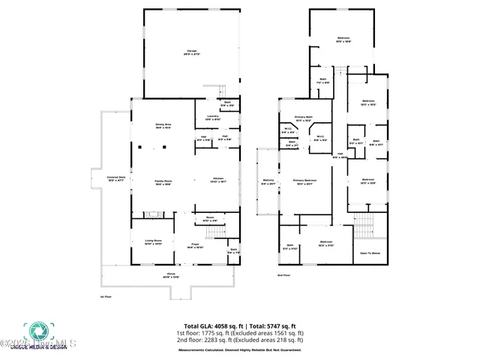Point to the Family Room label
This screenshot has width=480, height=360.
tap(163, 181)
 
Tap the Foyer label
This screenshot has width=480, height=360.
tap(194, 245)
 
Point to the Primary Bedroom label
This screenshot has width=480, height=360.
tap(304, 181)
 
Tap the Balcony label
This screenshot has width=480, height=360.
tap(268, 181)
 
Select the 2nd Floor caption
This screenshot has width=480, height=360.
tap(283, 275)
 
